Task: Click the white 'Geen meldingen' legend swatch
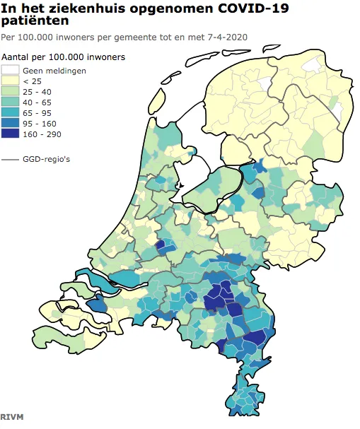tap(11, 71)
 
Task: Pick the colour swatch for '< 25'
tap(11, 81)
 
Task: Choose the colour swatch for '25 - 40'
tap(11, 91)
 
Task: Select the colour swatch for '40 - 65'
tap(11, 102)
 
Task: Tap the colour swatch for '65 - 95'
tap(11, 112)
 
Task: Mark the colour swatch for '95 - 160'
tap(11, 122)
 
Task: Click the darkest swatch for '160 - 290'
tap(11, 133)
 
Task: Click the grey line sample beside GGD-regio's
tap(11, 160)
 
